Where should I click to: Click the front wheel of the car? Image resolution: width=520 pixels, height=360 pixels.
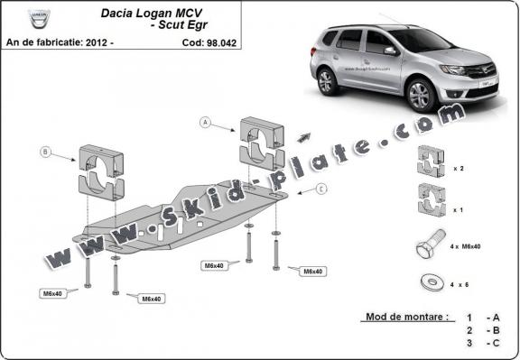420,93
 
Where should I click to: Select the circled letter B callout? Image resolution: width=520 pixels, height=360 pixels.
44,152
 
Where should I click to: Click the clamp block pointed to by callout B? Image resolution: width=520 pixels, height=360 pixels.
102,169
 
